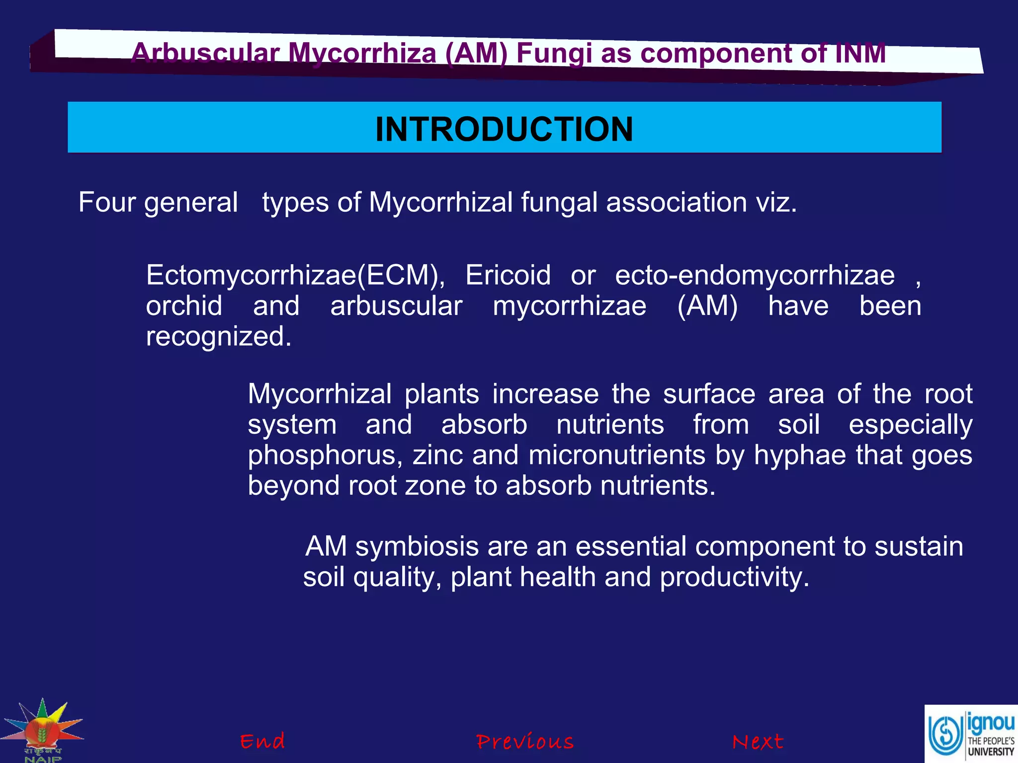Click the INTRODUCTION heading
point(504,129)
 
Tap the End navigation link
point(262,741)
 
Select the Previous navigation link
point(525,742)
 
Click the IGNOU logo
point(971,734)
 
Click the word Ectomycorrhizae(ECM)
point(295,275)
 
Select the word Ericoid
point(508,275)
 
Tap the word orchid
point(184,306)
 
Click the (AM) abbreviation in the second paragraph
point(707,306)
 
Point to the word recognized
point(218,337)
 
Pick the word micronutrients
point(616,455)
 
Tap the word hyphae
point(800,455)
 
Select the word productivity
point(734,577)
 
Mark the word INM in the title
point(860,53)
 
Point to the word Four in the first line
point(106,203)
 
